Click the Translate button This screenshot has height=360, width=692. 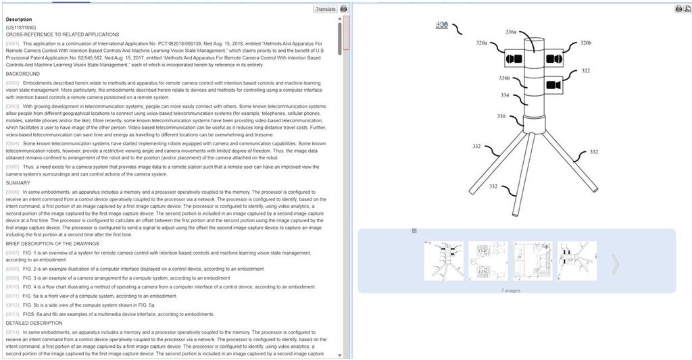coord(324,9)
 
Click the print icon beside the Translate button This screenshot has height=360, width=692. coord(344,9)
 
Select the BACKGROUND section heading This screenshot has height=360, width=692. coord(22,73)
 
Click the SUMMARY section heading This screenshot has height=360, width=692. coord(18,183)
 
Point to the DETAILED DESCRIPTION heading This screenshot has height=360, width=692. coord(34,323)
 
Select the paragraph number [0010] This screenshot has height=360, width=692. coord(13,286)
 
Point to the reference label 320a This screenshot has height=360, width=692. coord(481,43)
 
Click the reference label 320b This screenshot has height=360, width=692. coord(585,43)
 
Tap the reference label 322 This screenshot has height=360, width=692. coord(585,70)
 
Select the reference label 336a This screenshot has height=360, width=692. coord(510,32)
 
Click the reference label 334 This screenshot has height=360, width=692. coord(505,95)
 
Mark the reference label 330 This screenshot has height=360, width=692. coord(501,116)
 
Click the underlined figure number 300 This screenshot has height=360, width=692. coord(442,25)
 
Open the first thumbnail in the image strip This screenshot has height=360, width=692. coord(443,261)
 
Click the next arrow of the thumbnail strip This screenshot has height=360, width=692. coord(614,264)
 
